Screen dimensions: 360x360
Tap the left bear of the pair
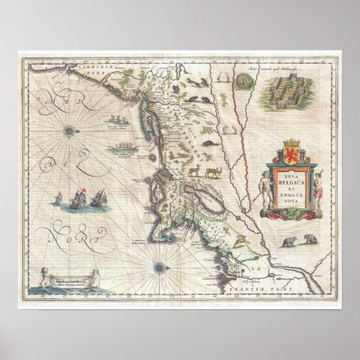[x=289, y=241]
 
